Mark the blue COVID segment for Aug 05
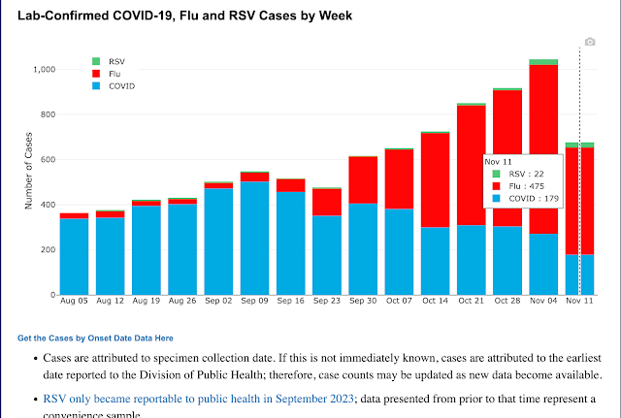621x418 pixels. click(74, 257)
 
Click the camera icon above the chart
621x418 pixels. click(588, 43)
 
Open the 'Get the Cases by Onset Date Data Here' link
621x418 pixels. click(95, 338)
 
